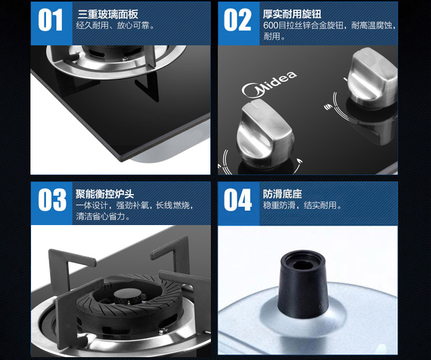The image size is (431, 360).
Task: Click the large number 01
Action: click(x=51, y=20)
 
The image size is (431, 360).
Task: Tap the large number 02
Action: click(x=237, y=20)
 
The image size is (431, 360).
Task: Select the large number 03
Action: click(x=52, y=200)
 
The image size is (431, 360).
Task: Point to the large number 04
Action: click(x=238, y=200)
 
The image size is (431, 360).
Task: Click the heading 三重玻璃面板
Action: click(x=108, y=14)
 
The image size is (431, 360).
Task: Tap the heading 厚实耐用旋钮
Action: click(x=292, y=14)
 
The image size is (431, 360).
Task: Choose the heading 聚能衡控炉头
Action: click(x=105, y=194)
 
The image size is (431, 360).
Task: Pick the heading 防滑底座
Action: click(x=282, y=194)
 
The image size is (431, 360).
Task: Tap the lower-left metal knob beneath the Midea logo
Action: click(x=264, y=133)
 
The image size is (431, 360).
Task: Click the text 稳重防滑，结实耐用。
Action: click(x=302, y=205)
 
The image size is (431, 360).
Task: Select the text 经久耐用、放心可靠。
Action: click(x=115, y=25)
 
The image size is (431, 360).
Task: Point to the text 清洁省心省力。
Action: click(x=103, y=216)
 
